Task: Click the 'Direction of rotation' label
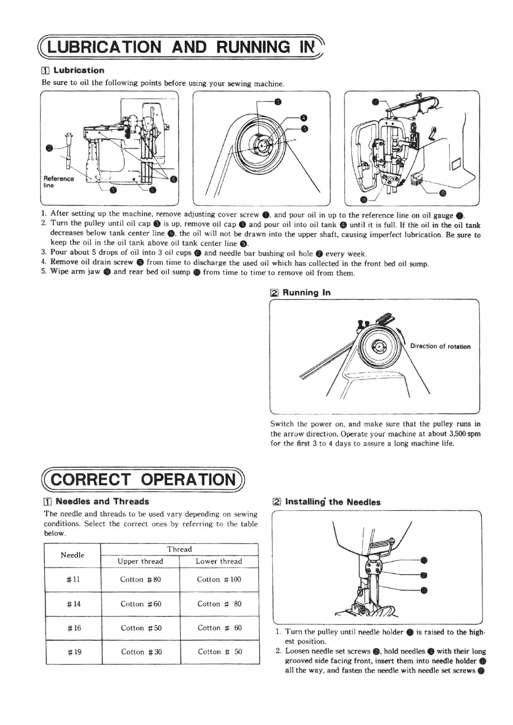click(440, 346)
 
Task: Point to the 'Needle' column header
click(72, 555)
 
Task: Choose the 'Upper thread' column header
click(140, 561)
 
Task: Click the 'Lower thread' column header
click(219, 561)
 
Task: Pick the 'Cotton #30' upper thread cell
click(141, 652)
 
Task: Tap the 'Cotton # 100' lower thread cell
click(219, 579)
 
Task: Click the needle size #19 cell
click(74, 652)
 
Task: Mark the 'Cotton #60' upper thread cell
click(141, 604)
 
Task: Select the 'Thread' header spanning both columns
click(179, 549)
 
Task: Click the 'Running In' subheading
click(306, 293)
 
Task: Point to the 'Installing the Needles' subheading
click(333, 502)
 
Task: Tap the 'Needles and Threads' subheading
click(102, 501)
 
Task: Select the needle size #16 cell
click(74, 628)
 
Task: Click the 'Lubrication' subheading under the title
click(78, 70)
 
